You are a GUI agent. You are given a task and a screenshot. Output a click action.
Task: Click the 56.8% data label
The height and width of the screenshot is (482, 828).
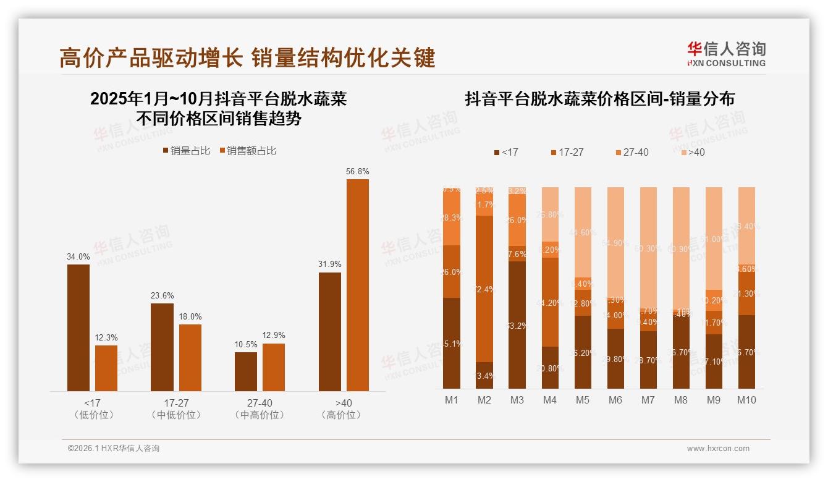click(x=358, y=171)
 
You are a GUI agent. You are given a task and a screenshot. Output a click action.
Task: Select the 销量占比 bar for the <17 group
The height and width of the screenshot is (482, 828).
click(x=78, y=328)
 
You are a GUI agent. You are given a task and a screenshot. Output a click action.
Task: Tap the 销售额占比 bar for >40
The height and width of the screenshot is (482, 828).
click(x=358, y=284)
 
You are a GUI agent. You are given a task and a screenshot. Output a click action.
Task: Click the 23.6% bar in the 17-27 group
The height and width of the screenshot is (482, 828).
click(x=162, y=347)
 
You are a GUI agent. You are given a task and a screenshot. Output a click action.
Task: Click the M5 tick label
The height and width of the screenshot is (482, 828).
click(x=582, y=400)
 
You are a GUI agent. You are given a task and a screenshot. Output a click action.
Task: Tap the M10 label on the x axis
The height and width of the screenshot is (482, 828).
click(x=746, y=400)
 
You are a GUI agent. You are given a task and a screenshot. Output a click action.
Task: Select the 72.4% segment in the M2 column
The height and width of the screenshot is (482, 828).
click(x=484, y=289)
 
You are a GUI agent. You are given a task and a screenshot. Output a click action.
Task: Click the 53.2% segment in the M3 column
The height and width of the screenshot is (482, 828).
click(x=517, y=325)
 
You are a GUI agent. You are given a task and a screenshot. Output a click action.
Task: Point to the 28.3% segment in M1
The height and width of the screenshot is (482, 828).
click(x=452, y=218)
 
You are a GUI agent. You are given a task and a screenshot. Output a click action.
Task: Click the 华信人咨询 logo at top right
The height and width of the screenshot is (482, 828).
click(x=726, y=54)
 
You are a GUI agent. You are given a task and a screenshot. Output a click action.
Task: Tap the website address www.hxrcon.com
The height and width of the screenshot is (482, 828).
click(x=718, y=449)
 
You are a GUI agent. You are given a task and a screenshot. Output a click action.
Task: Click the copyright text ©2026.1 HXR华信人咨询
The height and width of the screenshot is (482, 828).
click(x=114, y=449)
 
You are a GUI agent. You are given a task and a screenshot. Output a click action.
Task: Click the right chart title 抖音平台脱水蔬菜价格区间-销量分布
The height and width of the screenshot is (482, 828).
click(x=599, y=99)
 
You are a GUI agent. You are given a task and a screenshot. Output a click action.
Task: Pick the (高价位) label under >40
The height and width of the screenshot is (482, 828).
click(x=341, y=415)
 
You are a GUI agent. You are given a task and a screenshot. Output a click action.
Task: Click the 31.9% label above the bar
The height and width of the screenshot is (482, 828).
click(x=330, y=264)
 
